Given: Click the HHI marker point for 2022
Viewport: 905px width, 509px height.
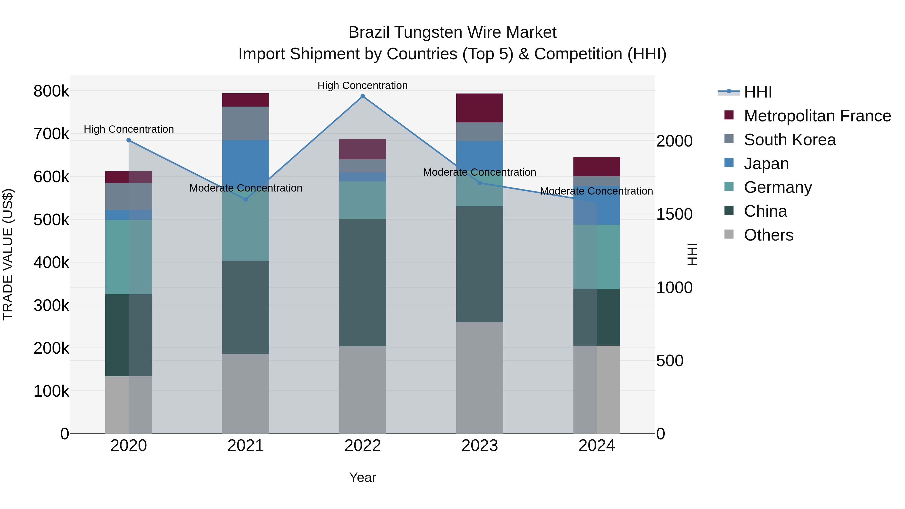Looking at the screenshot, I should [363, 96].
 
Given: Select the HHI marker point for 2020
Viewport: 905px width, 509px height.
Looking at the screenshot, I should [128, 140].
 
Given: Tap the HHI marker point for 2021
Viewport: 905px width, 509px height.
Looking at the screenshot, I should [246, 200].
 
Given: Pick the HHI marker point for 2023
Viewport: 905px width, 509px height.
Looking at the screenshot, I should [480, 183].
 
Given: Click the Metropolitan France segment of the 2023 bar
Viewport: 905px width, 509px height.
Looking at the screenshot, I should [480, 108].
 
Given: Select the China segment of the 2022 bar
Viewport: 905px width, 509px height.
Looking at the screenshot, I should [363, 283].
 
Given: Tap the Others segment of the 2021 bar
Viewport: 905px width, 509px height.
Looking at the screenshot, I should [246, 393].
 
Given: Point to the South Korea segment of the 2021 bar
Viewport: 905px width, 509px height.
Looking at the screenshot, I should [246, 123].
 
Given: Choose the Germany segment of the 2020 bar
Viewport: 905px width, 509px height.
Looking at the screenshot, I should [128, 257].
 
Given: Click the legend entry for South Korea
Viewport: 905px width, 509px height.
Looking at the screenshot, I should [790, 140].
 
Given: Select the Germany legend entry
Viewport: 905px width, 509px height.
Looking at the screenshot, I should [778, 187].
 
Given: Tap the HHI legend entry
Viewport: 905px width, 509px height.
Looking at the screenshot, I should [758, 92].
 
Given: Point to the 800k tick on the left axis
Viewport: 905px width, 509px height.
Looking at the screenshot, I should [51, 91].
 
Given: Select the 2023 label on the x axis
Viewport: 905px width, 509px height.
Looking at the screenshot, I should [480, 446].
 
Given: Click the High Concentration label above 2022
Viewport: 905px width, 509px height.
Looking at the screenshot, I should [363, 85].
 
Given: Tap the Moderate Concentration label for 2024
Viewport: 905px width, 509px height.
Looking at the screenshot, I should [596, 191].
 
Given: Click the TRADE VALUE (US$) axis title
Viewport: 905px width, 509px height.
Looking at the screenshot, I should [8, 254].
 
